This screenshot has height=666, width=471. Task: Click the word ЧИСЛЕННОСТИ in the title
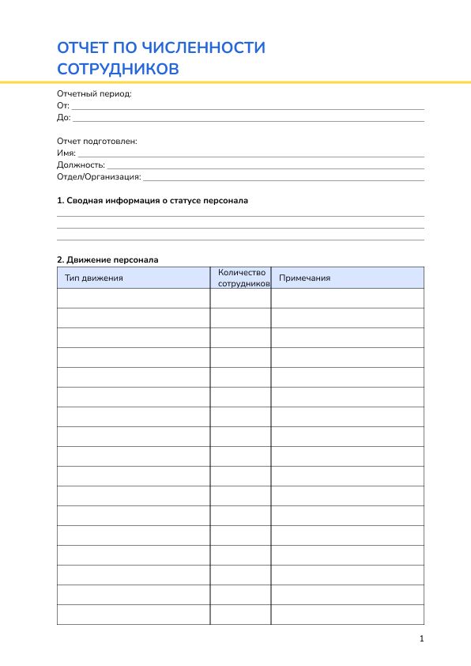[207, 48]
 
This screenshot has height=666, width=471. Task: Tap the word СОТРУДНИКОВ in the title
[118, 69]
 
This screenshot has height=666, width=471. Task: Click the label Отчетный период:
[94, 93]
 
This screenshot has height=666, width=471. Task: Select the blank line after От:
[247, 108]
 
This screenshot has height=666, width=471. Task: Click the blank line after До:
[247, 119]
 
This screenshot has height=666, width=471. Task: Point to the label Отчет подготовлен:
[97, 141]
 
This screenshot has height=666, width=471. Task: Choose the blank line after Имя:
[250, 155]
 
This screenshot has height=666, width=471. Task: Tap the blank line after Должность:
[265, 167]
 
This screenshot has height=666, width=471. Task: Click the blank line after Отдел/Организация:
[283, 179]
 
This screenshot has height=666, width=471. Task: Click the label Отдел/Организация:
[99, 177]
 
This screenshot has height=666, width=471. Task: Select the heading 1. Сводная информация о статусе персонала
[153, 201]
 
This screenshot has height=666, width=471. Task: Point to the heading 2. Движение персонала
[107, 259]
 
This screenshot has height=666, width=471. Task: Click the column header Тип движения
[93, 278]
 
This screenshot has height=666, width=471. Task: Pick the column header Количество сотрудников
[242, 278]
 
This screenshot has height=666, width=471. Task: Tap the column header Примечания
[305, 278]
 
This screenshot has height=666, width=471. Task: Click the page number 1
[422, 638]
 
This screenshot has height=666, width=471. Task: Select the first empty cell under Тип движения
[133, 298]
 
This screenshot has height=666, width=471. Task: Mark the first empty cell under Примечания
[347, 298]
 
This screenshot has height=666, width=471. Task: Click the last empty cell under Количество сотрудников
[240, 615]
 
